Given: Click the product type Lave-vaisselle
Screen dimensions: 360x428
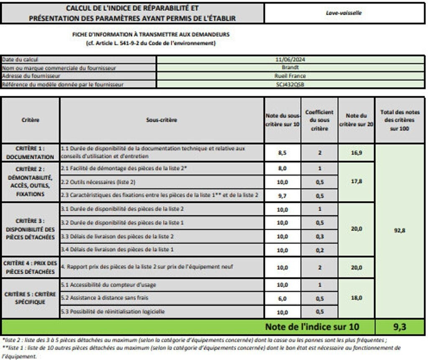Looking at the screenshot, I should pyautogui.click(x=344, y=13).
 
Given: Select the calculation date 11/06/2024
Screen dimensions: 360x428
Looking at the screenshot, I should pyautogui.click(x=290, y=60).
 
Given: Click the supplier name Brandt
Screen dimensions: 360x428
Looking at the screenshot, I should pyautogui.click(x=290, y=68).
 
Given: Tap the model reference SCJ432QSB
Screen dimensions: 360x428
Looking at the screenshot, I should pyautogui.click(x=290, y=84).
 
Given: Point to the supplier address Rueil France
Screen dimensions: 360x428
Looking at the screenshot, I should pyautogui.click(x=290, y=76).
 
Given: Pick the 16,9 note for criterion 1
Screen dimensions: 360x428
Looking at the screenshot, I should pyautogui.click(x=356, y=153).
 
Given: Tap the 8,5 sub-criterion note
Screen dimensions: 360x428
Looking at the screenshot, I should pyautogui.click(x=282, y=153).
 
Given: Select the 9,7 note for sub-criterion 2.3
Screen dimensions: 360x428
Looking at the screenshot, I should pyautogui.click(x=282, y=196).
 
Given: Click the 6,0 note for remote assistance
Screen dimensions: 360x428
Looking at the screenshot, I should pyautogui.click(x=282, y=299).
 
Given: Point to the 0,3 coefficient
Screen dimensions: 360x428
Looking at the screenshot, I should pyautogui.click(x=319, y=236).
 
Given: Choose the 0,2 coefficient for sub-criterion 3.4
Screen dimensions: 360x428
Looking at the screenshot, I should pyautogui.click(x=319, y=250).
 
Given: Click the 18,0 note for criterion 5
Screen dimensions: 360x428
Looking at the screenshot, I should pyautogui.click(x=356, y=298).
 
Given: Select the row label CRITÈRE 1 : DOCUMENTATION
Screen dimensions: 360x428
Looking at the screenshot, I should pyautogui.click(x=30, y=153).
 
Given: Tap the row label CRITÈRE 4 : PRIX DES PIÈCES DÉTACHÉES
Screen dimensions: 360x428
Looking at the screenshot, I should pyautogui.click(x=30, y=267).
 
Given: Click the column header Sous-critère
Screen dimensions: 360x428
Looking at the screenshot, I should pyautogui.click(x=161, y=120).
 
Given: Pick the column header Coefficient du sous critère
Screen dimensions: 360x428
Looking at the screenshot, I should pyautogui.click(x=319, y=120).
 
